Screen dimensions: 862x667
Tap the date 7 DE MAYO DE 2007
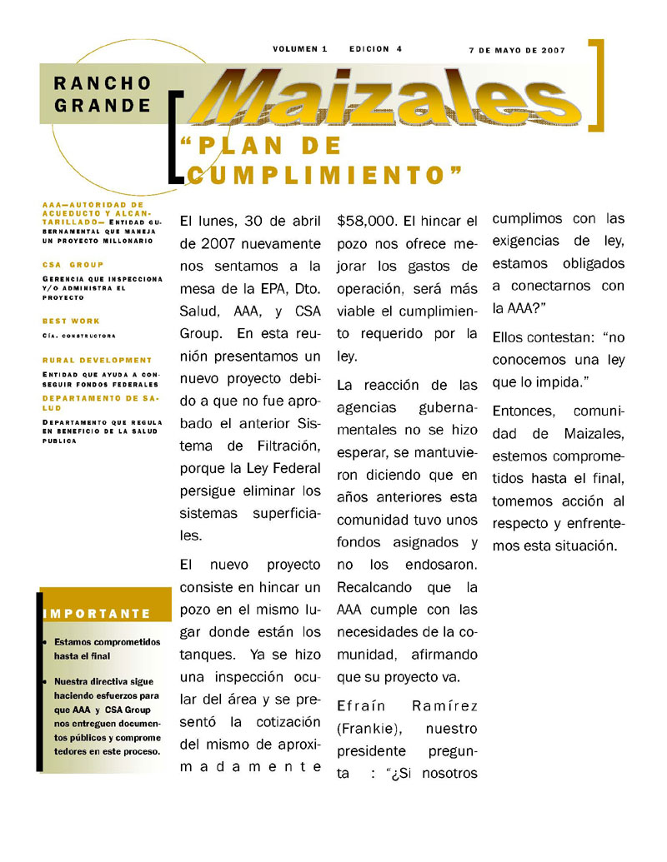point(517,50)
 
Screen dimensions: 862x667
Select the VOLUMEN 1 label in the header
point(299,49)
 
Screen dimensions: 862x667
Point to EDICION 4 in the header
point(375,49)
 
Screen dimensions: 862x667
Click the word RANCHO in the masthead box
point(103,83)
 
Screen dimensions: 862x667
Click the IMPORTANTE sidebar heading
point(98,614)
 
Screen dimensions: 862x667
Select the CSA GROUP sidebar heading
point(73,264)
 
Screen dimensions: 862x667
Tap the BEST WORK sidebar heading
point(71,321)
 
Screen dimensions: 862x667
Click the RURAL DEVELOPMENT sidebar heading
point(98,360)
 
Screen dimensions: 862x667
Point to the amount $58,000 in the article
point(367,222)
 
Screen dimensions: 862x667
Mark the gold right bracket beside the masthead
point(596,85)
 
